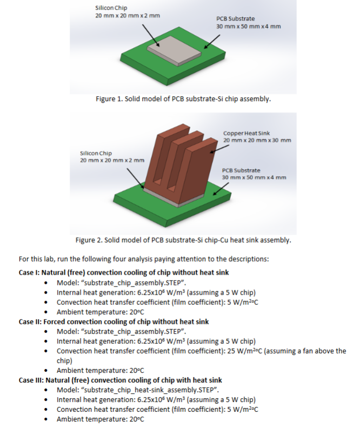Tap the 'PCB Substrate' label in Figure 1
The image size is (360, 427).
[235, 19]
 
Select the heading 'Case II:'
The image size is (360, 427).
[31, 322]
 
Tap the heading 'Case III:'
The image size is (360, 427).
[32, 380]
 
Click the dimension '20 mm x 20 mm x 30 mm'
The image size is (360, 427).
[257, 141]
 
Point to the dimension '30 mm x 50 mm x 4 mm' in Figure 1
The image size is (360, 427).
[248, 26]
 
